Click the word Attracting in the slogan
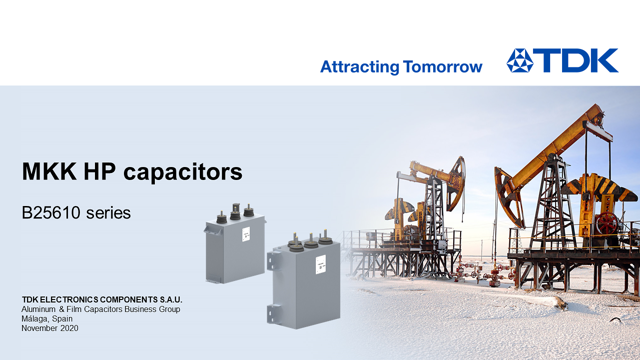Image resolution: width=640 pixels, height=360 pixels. point(360,66)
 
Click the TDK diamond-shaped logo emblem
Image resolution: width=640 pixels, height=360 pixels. point(520,60)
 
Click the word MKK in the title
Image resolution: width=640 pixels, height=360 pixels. point(49,171)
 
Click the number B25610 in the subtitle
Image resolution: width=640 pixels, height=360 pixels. point(51,213)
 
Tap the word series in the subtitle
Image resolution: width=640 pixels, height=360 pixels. point(108,213)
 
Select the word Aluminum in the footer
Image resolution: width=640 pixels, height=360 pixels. point(39,309)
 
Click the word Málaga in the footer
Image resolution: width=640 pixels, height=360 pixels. point(35,318)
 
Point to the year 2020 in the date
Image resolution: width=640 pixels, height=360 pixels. point(69,328)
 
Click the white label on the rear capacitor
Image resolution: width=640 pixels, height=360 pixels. point(246,233)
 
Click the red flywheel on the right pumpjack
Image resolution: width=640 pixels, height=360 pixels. point(607,224)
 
